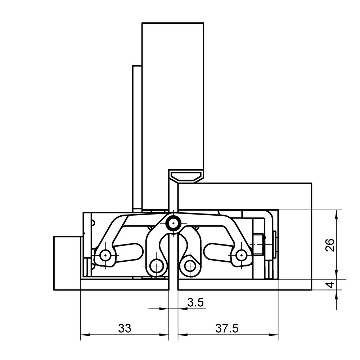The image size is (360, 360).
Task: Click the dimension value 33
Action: (125, 328)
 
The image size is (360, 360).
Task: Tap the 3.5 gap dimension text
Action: (195, 303)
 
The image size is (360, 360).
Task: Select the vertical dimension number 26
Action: (330, 245)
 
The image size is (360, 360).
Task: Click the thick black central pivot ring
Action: (174, 223)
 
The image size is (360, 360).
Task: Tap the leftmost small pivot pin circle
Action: (105, 255)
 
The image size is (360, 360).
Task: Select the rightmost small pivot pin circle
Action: (241, 255)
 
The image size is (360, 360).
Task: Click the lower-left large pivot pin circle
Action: (157, 266)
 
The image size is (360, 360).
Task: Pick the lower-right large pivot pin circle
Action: (190, 266)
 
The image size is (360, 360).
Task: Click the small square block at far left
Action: (67, 263)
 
